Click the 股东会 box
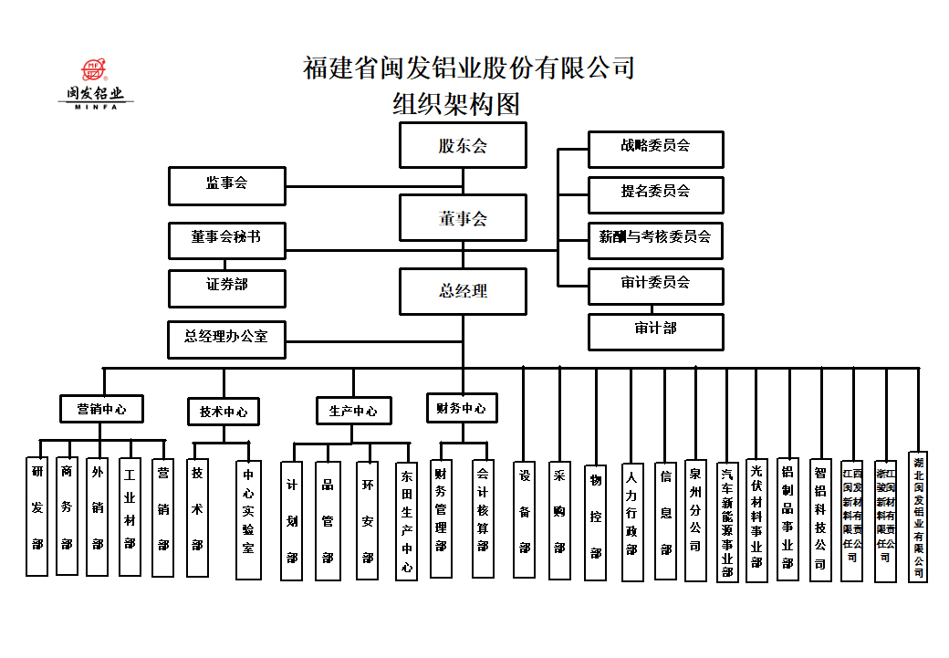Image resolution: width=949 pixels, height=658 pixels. tap(463, 146)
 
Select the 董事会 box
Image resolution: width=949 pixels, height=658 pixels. tap(463, 218)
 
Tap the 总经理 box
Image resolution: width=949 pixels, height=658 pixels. tap(463, 291)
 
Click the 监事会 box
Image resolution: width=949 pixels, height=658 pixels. tap(226, 185)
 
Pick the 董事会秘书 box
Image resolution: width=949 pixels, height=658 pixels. tap(226, 240)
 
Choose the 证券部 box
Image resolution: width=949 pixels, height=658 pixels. tap(226, 287)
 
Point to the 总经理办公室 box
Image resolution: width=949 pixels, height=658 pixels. tap(226, 339)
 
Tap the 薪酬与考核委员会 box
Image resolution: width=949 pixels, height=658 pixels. tap(655, 240)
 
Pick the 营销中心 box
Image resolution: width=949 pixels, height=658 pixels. tap(102, 409)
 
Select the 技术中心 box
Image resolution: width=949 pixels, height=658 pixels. tap(223, 412)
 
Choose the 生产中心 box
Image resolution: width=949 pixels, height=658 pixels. tap(353, 411)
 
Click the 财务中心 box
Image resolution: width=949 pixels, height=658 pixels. tap(462, 408)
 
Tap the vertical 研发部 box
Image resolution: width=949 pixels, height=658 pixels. tap(36, 516)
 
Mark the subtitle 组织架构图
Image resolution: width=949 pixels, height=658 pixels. tap(456, 104)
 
